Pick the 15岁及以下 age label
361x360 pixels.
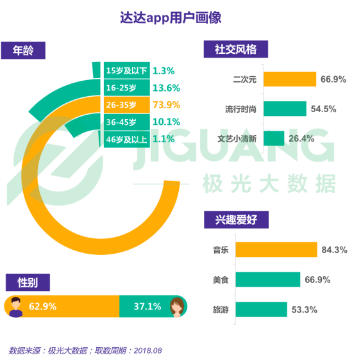coord(127,70)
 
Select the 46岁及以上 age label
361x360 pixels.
coord(127,138)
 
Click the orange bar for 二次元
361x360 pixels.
coord(290,79)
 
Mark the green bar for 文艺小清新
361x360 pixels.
coord(274,138)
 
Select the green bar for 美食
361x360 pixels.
coord(281,280)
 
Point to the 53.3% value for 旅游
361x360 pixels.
coord(305,310)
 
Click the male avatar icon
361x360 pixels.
coord(17,306)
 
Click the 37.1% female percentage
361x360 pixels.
coord(147,306)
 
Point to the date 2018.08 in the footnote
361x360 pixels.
coord(147,350)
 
